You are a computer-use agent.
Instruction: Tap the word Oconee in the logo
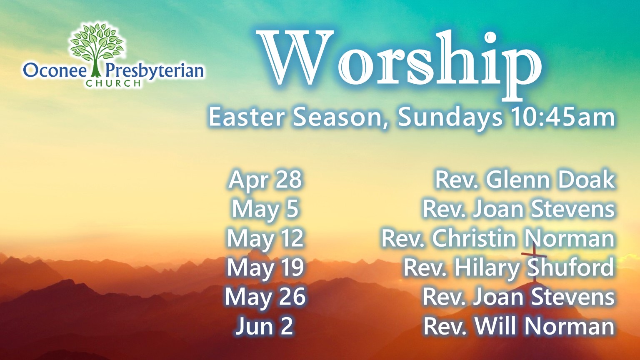(55, 71)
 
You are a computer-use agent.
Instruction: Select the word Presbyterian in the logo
(155, 72)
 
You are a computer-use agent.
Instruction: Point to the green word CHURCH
(113, 83)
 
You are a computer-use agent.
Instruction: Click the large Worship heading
(399, 64)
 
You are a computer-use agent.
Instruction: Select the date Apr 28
(265, 180)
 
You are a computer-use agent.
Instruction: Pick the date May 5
(265, 210)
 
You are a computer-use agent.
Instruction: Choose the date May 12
(265, 239)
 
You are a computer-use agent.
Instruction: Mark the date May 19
(265, 268)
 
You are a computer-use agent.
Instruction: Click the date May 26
(265, 297)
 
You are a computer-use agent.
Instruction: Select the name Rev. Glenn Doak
(525, 180)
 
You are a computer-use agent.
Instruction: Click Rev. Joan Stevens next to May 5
(518, 209)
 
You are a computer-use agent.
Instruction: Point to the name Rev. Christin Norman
(498, 238)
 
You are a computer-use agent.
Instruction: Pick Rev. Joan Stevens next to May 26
(518, 297)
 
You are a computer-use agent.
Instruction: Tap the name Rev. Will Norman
(519, 326)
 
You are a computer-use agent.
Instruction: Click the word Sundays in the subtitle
(450, 118)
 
